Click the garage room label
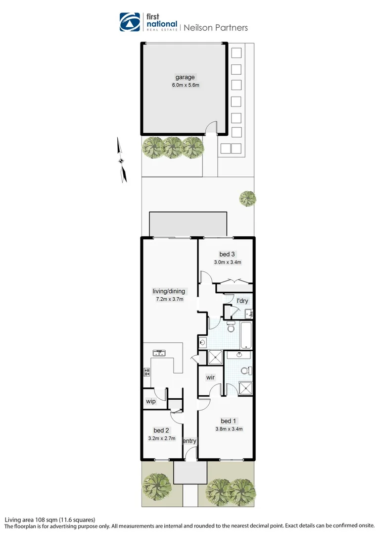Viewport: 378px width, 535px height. [x=185, y=77]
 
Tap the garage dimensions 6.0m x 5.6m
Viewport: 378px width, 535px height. [x=185, y=85]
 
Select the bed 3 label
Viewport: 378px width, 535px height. [x=227, y=255]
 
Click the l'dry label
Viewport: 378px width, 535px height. [x=242, y=301]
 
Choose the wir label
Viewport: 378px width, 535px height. [x=210, y=377]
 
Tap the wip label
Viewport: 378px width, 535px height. [x=151, y=401]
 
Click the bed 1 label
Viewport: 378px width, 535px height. [x=229, y=421]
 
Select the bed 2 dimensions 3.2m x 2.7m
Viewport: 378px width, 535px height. [x=161, y=438]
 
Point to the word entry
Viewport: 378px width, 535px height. [x=189, y=441]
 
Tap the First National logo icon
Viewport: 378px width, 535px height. [x=130, y=22]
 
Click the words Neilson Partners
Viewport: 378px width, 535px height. [x=216, y=28]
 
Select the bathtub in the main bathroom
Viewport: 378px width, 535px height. [x=245, y=334]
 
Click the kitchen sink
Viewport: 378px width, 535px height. [x=159, y=353]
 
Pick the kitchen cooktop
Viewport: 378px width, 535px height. [x=146, y=372]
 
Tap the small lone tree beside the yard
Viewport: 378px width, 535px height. [x=247, y=199]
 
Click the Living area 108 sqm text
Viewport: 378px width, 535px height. [x=49, y=520]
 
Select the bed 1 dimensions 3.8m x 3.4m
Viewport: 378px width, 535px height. [x=229, y=429]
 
